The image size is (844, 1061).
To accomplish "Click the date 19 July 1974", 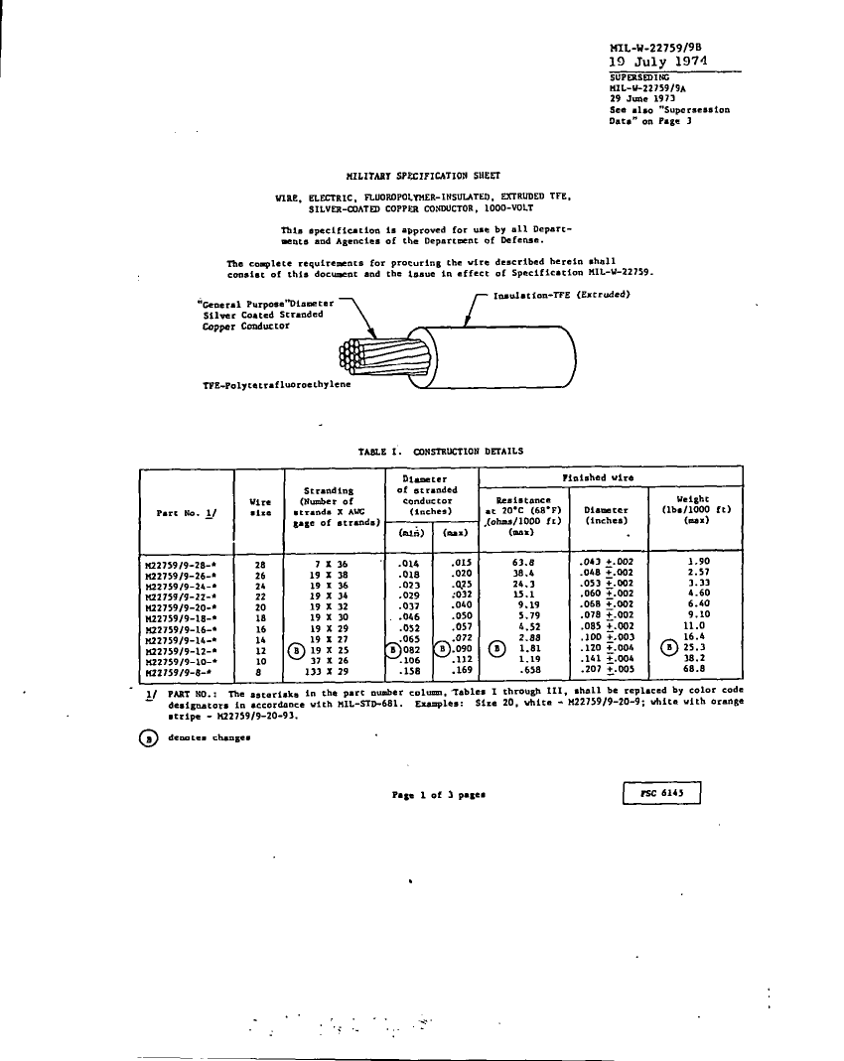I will pyautogui.click(x=657, y=61).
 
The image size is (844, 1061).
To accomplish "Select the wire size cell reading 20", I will pyautogui.click(x=260, y=604).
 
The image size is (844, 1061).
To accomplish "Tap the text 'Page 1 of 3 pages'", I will pyautogui.click(x=437, y=794).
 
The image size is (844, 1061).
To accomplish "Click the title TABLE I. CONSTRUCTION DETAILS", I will pyautogui.click(x=441, y=451).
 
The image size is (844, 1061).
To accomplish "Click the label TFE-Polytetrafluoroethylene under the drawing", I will pyautogui.click(x=275, y=385).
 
